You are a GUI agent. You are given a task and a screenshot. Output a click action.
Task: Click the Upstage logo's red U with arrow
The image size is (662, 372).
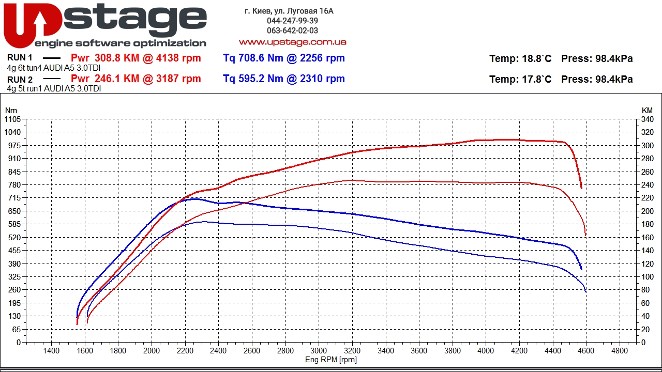click(x=33, y=25)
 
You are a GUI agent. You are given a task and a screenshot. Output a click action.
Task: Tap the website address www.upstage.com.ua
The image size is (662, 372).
click(x=293, y=42)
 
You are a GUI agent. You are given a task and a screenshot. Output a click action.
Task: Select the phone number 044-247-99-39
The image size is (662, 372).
click(x=292, y=21)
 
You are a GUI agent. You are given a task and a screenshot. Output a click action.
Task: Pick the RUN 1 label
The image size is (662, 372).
click(x=20, y=57)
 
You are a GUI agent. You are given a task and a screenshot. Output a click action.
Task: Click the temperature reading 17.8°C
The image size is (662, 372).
click(x=535, y=79)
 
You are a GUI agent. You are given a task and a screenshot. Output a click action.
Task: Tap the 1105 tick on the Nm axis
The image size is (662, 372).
click(x=13, y=119)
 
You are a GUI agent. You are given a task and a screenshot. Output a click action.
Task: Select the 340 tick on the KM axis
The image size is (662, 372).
click(x=647, y=119)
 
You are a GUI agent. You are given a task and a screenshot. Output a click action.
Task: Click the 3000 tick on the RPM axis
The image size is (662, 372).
click(x=319, y=351)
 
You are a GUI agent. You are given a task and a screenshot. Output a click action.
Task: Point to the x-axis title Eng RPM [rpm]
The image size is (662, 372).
click(x=330, y=360)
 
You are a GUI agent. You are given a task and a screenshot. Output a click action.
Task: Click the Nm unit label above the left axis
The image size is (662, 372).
click(x=11, y=111)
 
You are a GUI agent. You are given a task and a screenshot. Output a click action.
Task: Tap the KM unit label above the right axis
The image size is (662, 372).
click(x=647, y=111)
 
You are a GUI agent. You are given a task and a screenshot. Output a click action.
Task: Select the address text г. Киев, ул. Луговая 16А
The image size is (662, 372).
click(x=289, y=11)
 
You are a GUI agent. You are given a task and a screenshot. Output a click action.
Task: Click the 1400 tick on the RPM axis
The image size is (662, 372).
click(x=51, y=351)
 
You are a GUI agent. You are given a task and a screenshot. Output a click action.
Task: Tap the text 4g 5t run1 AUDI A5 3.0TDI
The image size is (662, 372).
click(x=54, y=88)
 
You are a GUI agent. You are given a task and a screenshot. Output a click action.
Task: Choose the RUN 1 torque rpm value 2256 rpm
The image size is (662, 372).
click(x=322, y=58)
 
